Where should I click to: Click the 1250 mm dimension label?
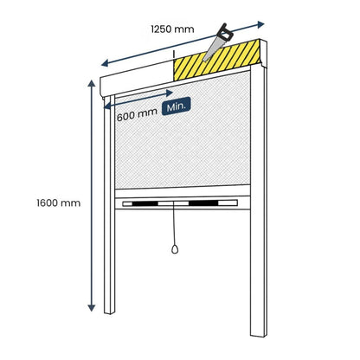(x=172, y=29)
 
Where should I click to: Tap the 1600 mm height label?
(x=59, y=203)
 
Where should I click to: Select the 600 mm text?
(x=137, y=114)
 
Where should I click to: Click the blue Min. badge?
(x=176, y=106)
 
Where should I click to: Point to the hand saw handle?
(x=223, y=33)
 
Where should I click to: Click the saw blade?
(x=212, y=49)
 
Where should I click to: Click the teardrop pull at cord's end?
(x=175, y=249)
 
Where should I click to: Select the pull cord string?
(x=174, y=223)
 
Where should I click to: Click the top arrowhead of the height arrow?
(x=92, y=84)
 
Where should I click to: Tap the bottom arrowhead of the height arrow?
(x=92, y=307)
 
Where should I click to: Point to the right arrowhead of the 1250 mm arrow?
(x=260, y=24)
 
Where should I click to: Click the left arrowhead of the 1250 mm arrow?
(x=105, y=63)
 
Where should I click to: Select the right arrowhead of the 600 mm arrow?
(x=170, y=93)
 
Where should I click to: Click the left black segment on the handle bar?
(x=145, y=203)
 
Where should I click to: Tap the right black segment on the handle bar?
(x=203, y=202)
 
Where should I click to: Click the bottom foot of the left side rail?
(x=109, y=312)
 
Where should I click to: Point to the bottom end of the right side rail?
(x=259, y=334)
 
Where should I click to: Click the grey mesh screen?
(x=183, y=130)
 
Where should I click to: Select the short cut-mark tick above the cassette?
(x=174, y=55)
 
